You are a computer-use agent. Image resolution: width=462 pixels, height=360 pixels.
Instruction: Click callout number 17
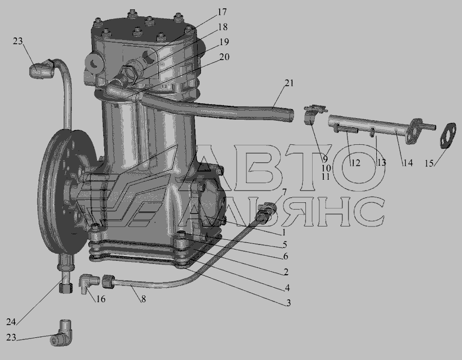tap(222, 12)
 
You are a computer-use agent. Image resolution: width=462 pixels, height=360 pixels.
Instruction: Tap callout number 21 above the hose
tap(289, 83)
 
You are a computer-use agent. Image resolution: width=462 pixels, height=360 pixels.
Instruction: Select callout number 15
tap(429, 163)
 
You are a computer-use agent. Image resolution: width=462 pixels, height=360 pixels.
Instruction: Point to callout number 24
tap(11, 321)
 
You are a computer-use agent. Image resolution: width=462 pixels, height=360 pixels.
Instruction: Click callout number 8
tap(144, 299)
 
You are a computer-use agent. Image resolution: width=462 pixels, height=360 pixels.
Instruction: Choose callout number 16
tap(101, 299)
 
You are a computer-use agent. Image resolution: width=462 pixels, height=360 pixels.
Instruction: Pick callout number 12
tap(356, 163)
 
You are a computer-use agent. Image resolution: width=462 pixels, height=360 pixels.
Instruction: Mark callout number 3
tap(288, 303)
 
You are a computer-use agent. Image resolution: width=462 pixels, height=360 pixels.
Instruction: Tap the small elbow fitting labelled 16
tap(88, 282)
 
